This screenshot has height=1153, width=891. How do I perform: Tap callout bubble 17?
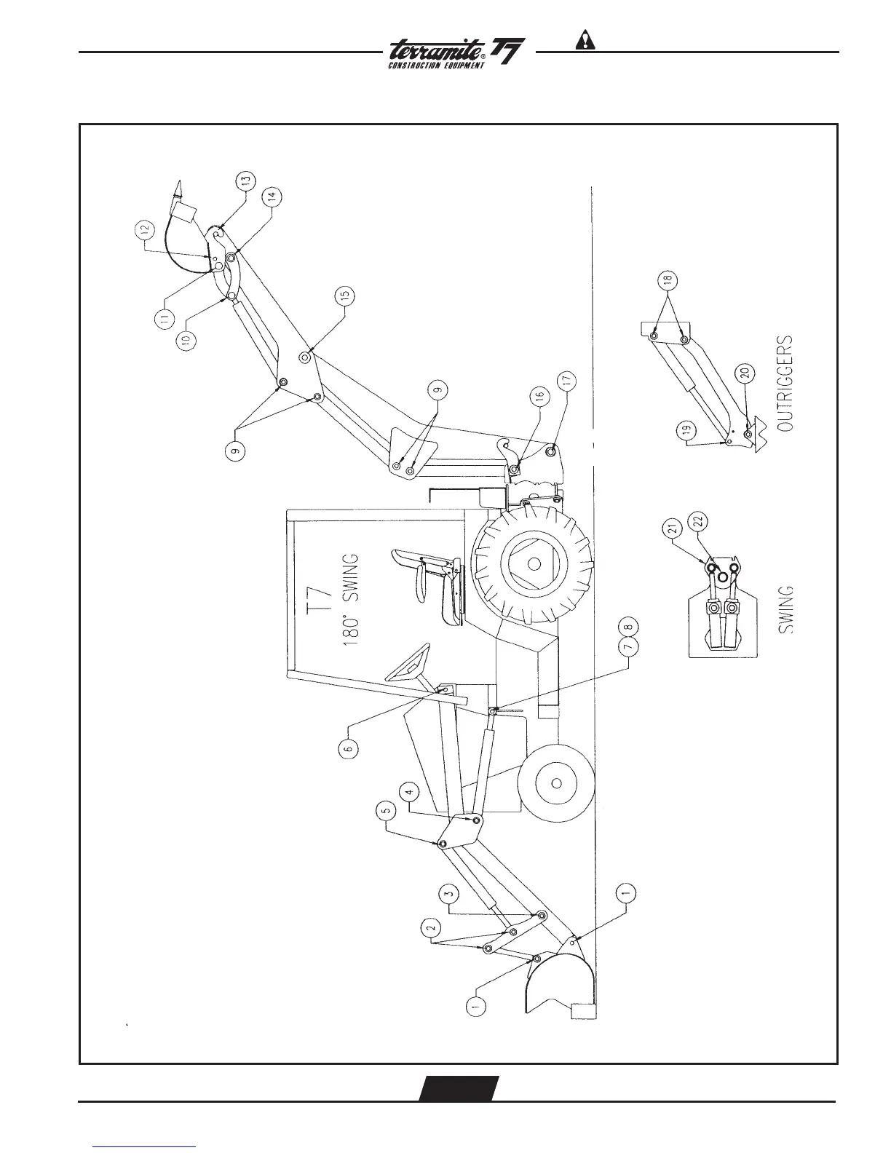(x=567, y=380)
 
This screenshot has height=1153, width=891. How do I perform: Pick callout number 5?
(x=386, y=808)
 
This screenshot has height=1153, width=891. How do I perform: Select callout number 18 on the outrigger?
(x=669, y=280)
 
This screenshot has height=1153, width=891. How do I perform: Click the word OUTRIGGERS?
(x=785, y=385)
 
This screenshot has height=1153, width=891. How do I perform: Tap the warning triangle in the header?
(x=586, y=40)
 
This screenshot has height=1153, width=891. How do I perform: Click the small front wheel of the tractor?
(x=555, y=783)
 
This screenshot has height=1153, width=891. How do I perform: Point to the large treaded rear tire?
(x=534, y=564)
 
